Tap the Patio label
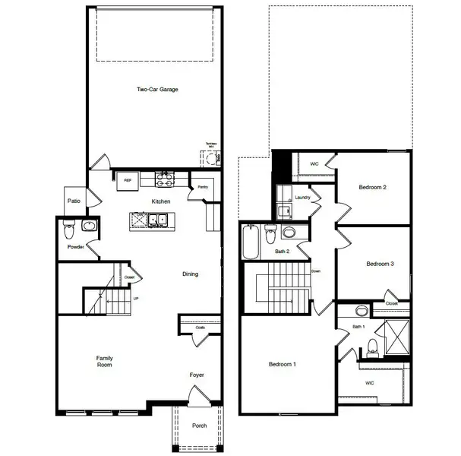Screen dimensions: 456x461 (74, 201)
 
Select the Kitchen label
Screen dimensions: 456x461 (160, 201)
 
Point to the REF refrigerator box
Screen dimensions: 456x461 (128, 180)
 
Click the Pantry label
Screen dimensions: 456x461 (202, 186)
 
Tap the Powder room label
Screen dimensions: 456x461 (75, 247)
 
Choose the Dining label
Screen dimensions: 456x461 (190, 274)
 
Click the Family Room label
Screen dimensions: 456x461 (104, 362)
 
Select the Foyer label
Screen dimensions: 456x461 (197, 375)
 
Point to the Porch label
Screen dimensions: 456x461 (200, 426)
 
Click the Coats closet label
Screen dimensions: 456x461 (200, 328)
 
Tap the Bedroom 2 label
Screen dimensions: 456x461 (374, 187)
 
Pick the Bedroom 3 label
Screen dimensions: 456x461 (380, 264)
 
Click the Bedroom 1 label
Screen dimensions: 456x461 (283, 365)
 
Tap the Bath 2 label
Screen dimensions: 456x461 (283, 251)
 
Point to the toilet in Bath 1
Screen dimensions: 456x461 (372, 347)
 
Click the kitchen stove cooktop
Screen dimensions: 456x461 (165, 179)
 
